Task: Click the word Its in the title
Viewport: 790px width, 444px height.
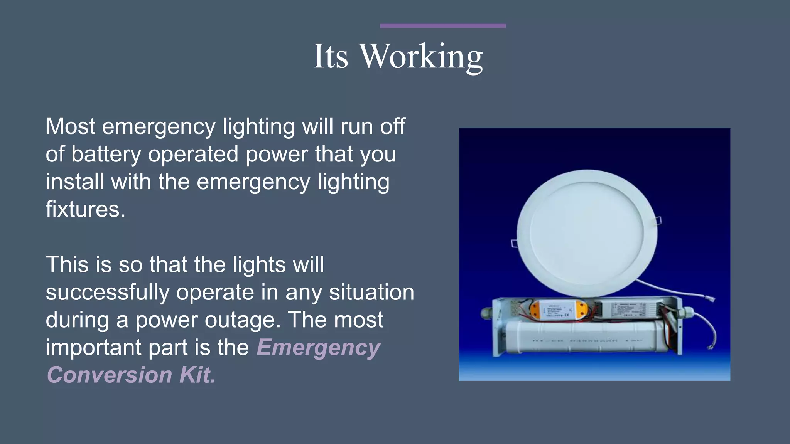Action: (331, 57)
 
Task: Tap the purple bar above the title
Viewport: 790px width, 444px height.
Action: (442, 26)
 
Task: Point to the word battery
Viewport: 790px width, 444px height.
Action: (106, 154)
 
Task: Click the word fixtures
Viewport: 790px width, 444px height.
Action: (85, 209)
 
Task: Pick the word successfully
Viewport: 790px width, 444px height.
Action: (108, 293)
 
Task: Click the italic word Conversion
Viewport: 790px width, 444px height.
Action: (109, 375)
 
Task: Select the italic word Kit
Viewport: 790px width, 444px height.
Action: (197, 375)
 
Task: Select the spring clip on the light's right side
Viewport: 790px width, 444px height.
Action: (658, 220)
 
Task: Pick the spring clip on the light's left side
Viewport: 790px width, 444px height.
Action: (514, 243)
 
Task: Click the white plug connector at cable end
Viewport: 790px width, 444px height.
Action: (710, 298)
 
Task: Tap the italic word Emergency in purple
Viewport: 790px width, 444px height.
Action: (318, 348)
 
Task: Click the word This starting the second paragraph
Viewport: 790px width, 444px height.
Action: (67, 265)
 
